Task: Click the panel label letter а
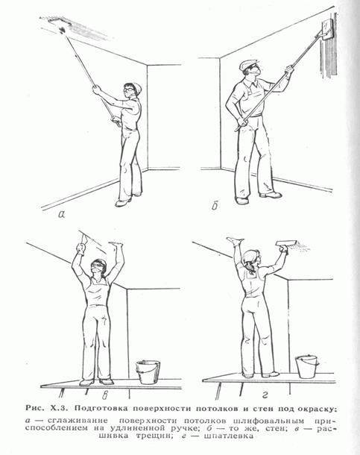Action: click(x=62, y=214)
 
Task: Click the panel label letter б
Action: click(x=215, y=205)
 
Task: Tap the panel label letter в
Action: click(x=106, y=395)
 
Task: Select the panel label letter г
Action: click(x=265, y=395)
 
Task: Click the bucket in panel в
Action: click(x=148, y=372)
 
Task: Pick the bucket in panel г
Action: click(x=306, y=366)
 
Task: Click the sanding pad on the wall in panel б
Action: click(x=327, y=29)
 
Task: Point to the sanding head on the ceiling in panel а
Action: click(x=60, y=23)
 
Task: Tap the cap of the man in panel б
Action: click(x=248, y=64)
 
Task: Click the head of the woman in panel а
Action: click(x=132, y=90)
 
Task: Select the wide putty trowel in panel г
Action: click(x=286, y=243)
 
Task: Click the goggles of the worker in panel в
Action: click(x=98, y=265)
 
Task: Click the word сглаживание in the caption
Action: click(x=78, y=421)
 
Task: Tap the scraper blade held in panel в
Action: click(x=85, y=239)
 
